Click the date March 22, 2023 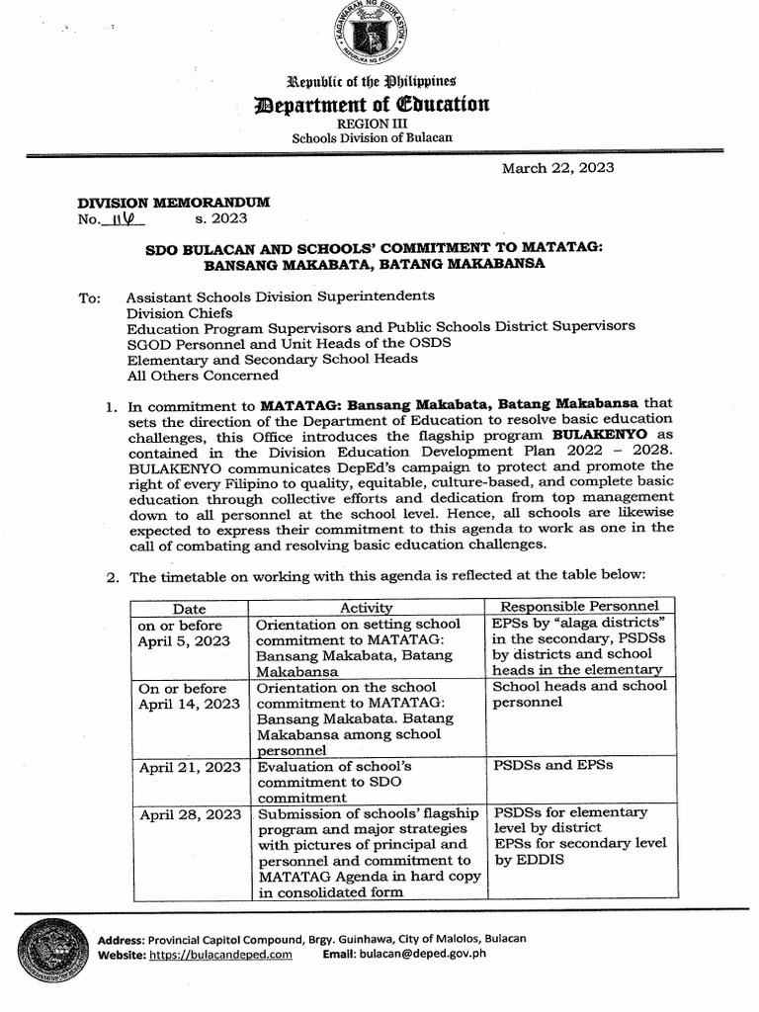[557, 168]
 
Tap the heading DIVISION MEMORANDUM [174, 202]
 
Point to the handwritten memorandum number [124, 218]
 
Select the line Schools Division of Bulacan [371, 137]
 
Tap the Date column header [189, 608]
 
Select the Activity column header [366, 608]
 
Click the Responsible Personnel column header [580, 606]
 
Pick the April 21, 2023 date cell [190, 766]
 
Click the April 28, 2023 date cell [190, 814]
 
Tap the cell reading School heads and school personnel [579, 694]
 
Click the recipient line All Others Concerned [203, 375]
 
